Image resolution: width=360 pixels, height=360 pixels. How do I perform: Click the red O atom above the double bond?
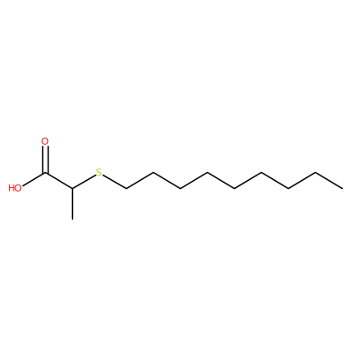pos(45,141)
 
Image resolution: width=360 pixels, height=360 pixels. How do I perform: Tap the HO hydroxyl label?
pos(15,188)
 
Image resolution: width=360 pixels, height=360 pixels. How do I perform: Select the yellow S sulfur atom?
pos(99,173)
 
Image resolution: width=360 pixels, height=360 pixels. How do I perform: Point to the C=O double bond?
pos(45,159)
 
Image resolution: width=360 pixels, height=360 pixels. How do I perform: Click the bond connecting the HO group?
pos(34,180)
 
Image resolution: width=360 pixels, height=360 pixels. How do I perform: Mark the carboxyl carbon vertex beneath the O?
pos(46,173)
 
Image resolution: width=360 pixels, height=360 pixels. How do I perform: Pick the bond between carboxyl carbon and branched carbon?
pos(59,181)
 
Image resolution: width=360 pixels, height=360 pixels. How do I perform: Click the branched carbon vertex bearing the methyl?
pos(73,189)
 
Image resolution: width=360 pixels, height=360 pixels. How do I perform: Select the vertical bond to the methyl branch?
pos(73,204)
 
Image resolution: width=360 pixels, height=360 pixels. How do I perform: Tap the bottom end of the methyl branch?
pos(73,220)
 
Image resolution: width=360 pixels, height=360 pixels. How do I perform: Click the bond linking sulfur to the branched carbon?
pos(84,182)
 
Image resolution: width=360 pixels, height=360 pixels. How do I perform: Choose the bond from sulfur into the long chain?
pos(114,182)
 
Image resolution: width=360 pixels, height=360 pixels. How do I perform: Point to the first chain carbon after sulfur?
pos(126,189)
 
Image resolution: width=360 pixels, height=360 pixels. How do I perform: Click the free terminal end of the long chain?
pos(342,189)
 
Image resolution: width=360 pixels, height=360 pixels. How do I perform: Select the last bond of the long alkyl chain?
pos(328,181)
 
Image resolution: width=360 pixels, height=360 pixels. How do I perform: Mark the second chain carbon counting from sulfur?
pos(153,173)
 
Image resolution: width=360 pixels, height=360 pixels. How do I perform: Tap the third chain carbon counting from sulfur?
pos(180,189)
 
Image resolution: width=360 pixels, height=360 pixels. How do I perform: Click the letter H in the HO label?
pos(12,188)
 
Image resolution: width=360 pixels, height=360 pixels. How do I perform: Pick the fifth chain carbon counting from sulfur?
pos(234,189)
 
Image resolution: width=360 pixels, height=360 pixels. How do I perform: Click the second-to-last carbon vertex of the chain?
pos(315,173)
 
